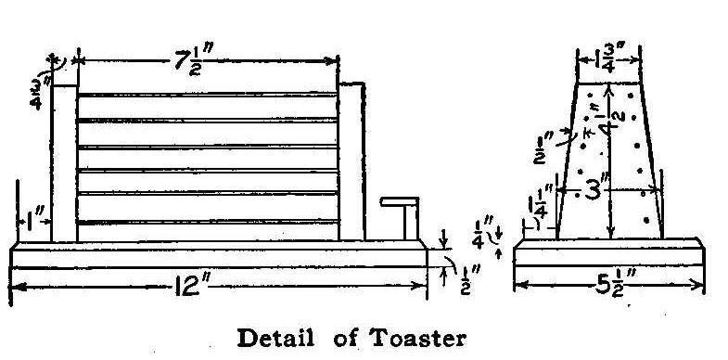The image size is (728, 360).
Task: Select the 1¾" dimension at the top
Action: coord(610,59)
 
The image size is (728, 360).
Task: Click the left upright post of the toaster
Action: coord(63,162)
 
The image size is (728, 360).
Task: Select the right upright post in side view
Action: coord(351,162)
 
